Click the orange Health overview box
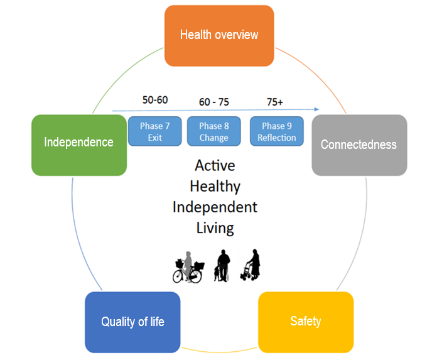pyautogui.click(x=219, y=36)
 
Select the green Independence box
pyautogui.click(x=79, y=145)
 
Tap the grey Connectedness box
pyautogui.click(x=359, y=145)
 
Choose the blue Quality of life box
pyautogui.click(x=132, y=322)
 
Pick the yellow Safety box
pyautogui.click(x=306, y=322)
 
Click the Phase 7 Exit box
pyautogui.click(x=155, y=131)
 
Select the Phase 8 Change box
pyautogui.click(x=213, y=131)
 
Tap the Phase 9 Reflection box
pyautogui.click(x=277, y=131)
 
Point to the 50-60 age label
pyautogui.click(x=155, y=100)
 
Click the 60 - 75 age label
pyautogui.click(x=213, y=102)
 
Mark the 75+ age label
pyautogui.click(x=275, y=102)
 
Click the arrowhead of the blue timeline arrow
pyautogui.click(x=316, y=109)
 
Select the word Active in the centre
pyautogui.click(x=215, y=165)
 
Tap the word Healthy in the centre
pyautogui.click(x=215, y=186)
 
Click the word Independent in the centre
pyautogui.click(x=215, y=207)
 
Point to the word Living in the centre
pyautogui.click(x=215, y=228)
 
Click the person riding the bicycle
pyautogui.click(x=188, y=265)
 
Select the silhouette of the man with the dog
pyautogui.click(x=222, y=266)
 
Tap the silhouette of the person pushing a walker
pyautogui.click(x=251, y=265)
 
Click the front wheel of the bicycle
pyautogui.click(x=195, y=276)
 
